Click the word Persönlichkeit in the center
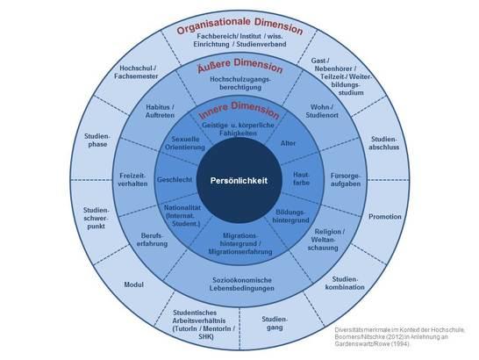(x=239, y=181)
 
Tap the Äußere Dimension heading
(x=239, y=66)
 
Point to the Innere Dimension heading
(x=239, y=110)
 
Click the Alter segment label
(x=288, y=143)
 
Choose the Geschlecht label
(x=175, y=179)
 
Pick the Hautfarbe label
(x=301, y=178)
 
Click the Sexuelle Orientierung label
(x=185, y=143)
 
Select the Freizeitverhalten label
(x=132, y=179)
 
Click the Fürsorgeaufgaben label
(x=346, y=179)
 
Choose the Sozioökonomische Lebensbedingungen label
(x=242, y=284)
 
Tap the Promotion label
(x=385, y=217)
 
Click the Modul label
(x=134, y=284)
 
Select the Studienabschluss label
(x=383, y=143)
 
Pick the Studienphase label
(x=97, y=140)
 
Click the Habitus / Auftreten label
(x=160, y=111)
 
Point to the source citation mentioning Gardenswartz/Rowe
(x=399, y=337)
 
